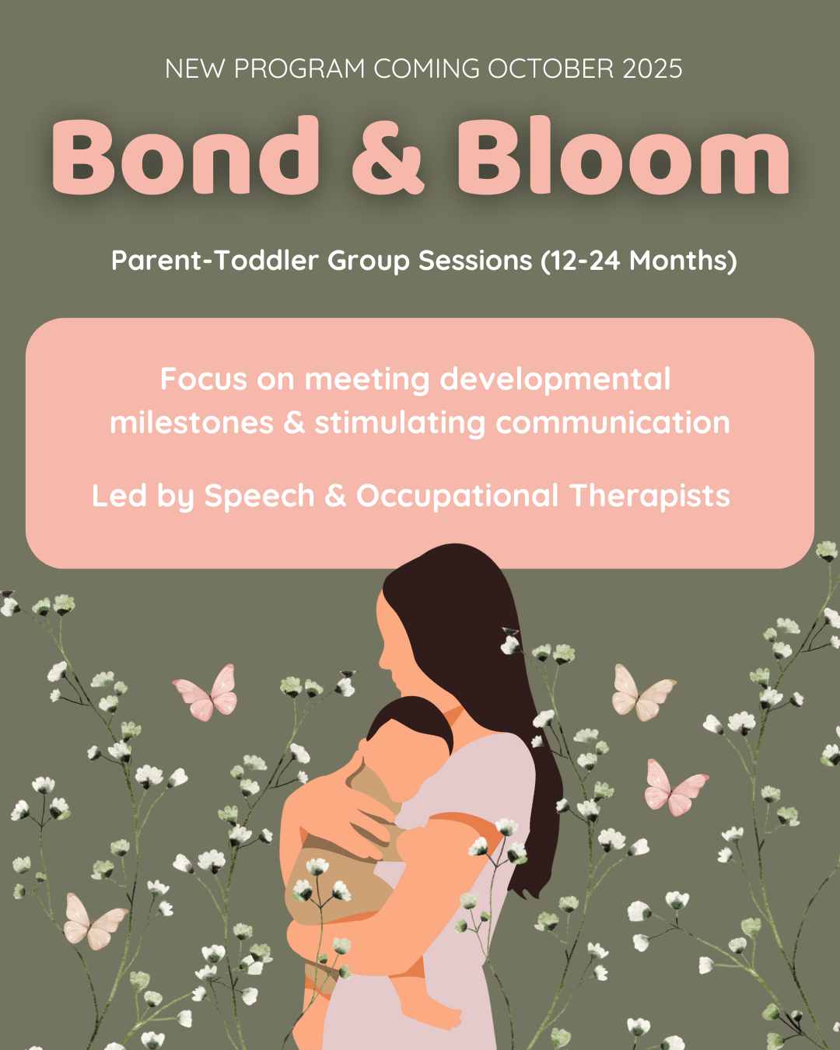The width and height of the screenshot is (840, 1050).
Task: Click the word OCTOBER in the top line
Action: (x=551, y=68)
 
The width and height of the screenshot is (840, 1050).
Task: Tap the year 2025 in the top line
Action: (x=652, y=68)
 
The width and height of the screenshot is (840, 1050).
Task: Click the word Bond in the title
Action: (x=185, y=155)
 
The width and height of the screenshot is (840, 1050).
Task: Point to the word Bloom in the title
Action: (x=623, y=155)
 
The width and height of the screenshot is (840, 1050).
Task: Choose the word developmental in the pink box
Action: (x=555, y=380)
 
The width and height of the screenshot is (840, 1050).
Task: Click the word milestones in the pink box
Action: (x=192, y=422)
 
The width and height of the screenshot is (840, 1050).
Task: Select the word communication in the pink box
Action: (x=613, y=422)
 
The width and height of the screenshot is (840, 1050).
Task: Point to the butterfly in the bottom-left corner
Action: (x=93, y=922)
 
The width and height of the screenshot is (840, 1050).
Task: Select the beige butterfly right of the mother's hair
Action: (x=643, y=693)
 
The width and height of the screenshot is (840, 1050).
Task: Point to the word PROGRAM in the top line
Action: (x=299, y=68)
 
